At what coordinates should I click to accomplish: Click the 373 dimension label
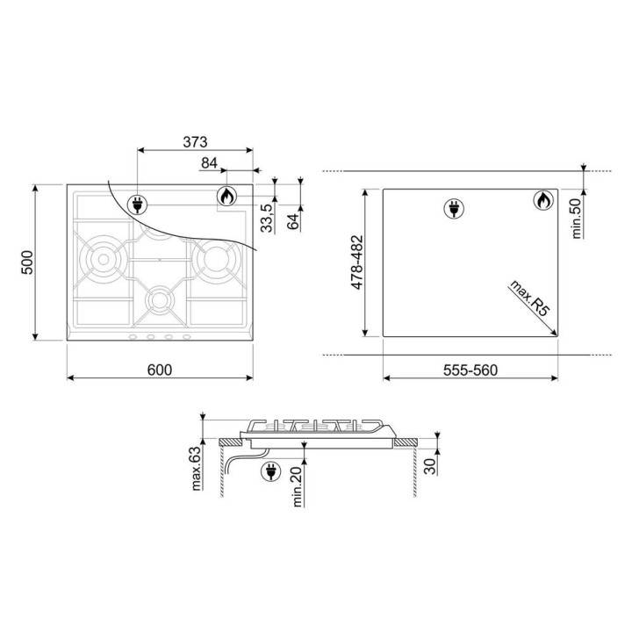point(195,142)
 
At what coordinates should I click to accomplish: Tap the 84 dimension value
point(209,163)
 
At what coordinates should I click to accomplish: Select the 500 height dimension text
point(27,262)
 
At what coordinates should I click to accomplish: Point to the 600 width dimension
point(160,370)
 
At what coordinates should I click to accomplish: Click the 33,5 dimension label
point(267,218)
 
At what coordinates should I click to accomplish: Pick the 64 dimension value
point(293,221)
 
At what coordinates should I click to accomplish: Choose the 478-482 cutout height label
point(357,262)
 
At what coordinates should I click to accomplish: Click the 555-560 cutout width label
point(470,370)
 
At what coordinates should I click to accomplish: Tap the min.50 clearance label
point(577,219)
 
